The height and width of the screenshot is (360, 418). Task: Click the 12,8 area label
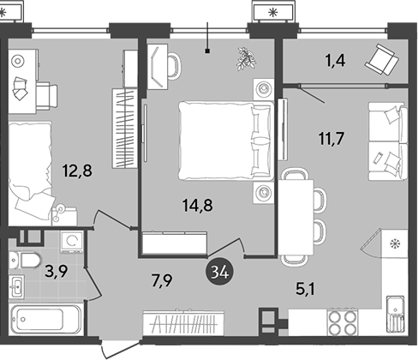76,170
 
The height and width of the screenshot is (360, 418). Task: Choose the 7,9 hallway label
162,278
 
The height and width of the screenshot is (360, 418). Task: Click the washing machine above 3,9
69,243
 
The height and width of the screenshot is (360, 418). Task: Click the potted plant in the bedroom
247,58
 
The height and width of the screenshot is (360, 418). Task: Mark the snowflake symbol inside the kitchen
395,244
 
